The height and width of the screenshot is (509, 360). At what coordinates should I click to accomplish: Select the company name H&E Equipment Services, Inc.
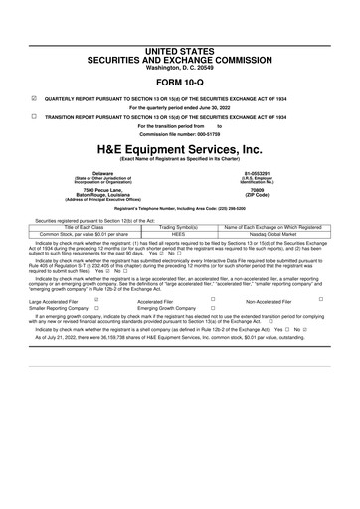tap(180, 147)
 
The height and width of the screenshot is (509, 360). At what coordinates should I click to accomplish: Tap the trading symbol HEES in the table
tap(180, 234)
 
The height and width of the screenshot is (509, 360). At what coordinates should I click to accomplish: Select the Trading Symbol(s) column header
tap(180, 227)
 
